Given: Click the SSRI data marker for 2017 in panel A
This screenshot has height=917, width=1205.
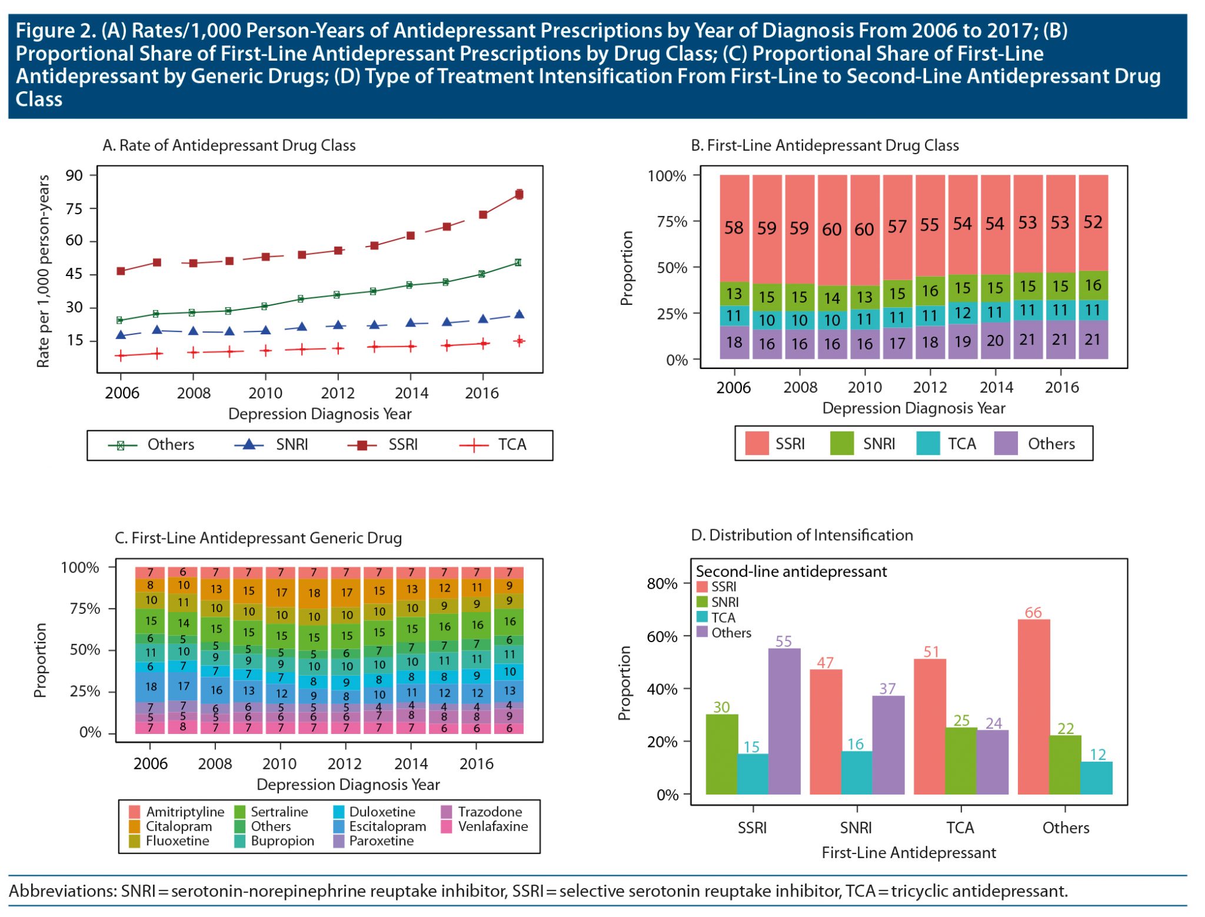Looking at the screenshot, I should pyautogui.click(x=518, y=194).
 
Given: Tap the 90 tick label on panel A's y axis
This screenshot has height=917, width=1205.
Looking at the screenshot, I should pyautogui.click(x=74, y=175).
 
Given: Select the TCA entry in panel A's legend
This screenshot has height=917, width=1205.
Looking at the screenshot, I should pyautogui.click(x=511, y=444).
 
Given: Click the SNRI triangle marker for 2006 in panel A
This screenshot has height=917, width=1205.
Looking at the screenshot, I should pyautogui.click(x=121, y=335).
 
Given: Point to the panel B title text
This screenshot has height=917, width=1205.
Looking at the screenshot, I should pyautogui.click(x=824, y=145).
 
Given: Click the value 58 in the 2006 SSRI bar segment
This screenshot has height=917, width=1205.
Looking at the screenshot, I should pyautogui.click(x=734, y=228).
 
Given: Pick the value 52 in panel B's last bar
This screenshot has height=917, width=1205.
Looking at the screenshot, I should pyautogui.click(x=1093, y=222).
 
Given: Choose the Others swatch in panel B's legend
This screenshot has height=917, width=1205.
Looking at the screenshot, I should pyautogui.click(x=1006, y=444).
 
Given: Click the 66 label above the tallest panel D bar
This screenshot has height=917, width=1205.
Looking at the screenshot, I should pyautogui.click(x=1033, y=612).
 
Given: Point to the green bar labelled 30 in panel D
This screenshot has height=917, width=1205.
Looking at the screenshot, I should pyautogui.click(x=721, y=754).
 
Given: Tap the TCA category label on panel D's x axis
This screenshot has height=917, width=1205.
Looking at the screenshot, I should pyautogui.click(x=960, y=828).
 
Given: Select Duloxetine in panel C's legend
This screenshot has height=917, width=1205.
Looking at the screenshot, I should pyautogui.click(x=382, y=812).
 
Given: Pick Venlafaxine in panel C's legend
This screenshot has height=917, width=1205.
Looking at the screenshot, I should pyautogui.click(x=492, y=826).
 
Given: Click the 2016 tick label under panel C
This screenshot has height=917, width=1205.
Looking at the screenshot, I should pyautogui.click(x=476, y=763).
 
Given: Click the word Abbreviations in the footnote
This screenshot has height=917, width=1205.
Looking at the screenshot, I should pyautogui.click(x=62, y=891).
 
